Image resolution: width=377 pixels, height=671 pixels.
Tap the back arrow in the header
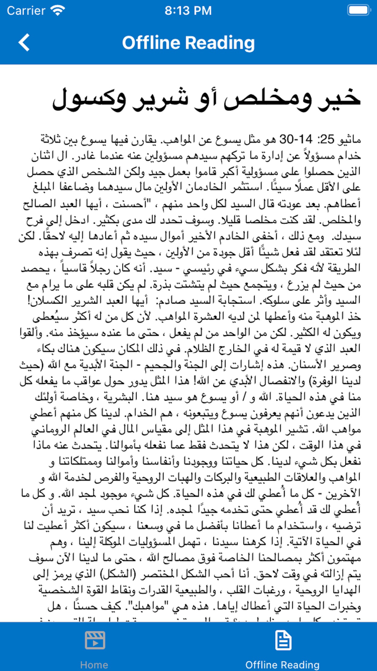pyautogui.click(x=24, y=43)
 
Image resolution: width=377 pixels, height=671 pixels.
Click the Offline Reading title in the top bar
pyautogui.click(x=188, y=43)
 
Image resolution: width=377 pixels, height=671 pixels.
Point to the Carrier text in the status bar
pyautogui.click(x=26, y=10)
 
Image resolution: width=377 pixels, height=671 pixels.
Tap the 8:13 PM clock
pyautogui.click(x=188, y=10)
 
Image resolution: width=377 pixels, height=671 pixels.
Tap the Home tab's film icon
pyautogui.click(x=94, y=641)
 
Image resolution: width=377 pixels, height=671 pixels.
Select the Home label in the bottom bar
pyautogui.click(x=94, y=665)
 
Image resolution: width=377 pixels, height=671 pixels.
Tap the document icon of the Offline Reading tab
pyautogui.click(x=282, y=641)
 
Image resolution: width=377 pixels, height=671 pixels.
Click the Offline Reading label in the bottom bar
pyautogui.click(x=282, y=665)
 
